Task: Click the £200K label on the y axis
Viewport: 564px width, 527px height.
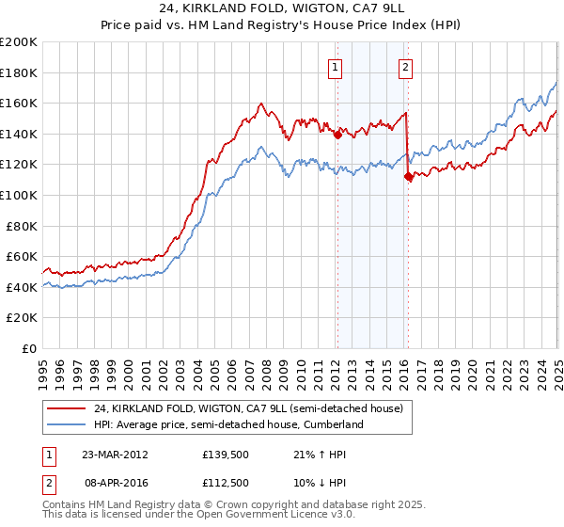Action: point(20,42)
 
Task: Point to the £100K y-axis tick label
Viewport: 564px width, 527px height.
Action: point(20,195)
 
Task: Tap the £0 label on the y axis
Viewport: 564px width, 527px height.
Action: point(28,348)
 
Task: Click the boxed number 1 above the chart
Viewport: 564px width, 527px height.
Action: point(336,67)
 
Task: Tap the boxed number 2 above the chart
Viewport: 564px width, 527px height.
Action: point(405,67)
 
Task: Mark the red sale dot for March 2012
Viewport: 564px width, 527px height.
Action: point(337,135)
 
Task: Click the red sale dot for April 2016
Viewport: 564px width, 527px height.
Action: point(408,176)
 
